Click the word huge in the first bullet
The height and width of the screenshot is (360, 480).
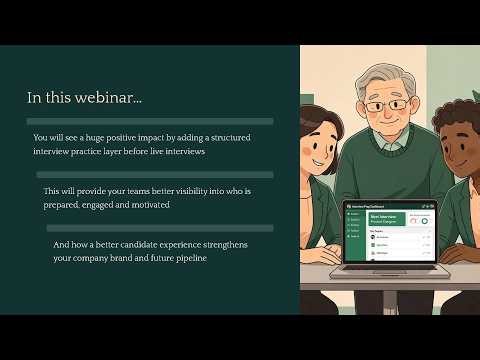104,138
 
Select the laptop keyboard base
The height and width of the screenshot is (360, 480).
386,271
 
